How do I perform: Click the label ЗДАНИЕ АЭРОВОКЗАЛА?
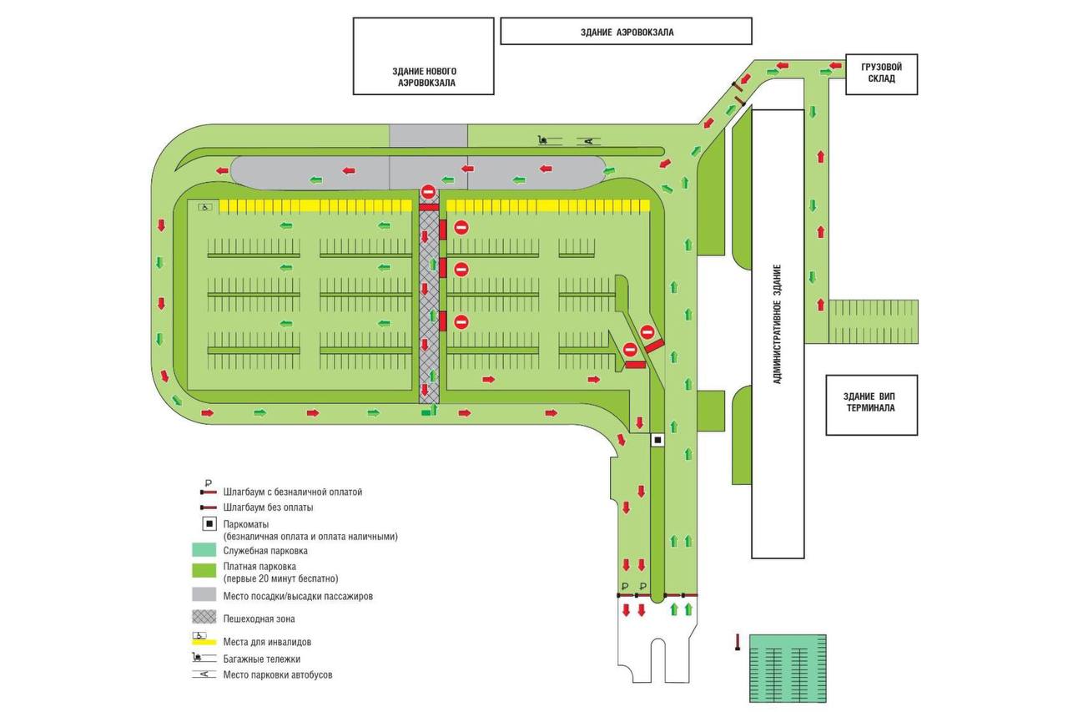(627, 33)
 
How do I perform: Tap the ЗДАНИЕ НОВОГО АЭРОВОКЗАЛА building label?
(425, 78)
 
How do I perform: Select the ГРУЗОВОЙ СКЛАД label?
(881, 73)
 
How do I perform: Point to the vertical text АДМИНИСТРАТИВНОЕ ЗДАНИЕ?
(777, 325)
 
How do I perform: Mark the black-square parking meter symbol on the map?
(657, 440)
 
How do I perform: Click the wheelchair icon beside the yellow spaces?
(205, 207)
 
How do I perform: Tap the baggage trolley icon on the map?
(543, 140)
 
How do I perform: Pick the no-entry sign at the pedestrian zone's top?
(428, 192)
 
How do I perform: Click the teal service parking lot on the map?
(788, 668)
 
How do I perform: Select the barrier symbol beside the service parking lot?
(738, 642)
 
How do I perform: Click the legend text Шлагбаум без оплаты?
(268, 507)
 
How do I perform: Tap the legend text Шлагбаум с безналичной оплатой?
(292, 492)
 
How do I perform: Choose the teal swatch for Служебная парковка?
(204, 549)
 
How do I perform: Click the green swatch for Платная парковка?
(204, 570)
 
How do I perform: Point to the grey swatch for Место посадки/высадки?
(204, 593)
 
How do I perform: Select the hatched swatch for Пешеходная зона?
(204, 617)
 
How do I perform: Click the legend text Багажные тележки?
(262, 659)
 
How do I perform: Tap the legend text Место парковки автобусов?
(278, 674)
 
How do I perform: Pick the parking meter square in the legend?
(209, 523)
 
